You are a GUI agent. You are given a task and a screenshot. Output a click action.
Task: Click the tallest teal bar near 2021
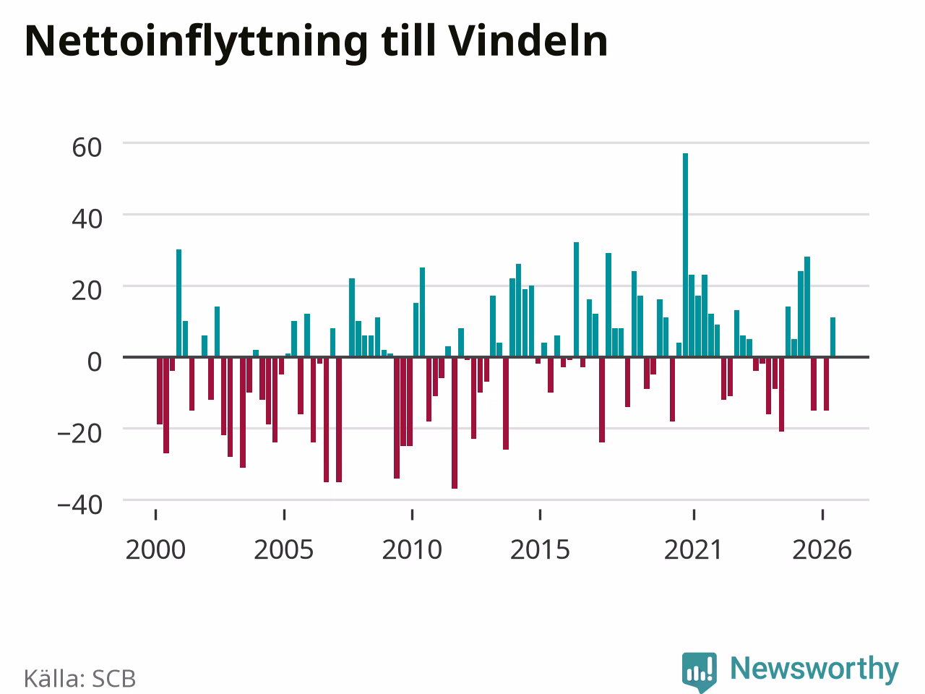coord(685,255)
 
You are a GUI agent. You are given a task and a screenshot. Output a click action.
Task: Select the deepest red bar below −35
coord(455,423)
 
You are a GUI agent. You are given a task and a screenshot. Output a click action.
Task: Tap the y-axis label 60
coord(87,147)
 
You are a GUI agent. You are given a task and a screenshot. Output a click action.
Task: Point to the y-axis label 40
coord(87,219)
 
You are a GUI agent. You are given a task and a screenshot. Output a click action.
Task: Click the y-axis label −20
coord(79,433)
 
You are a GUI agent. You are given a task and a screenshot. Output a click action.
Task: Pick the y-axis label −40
coord(79,505)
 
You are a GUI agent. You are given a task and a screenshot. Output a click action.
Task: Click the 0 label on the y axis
coord(95,362)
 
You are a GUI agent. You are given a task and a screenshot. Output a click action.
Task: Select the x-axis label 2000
coord(155,550)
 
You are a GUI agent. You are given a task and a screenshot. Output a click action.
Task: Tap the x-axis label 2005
coord(283,550)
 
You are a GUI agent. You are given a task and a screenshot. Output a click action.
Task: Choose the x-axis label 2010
coord(412,550)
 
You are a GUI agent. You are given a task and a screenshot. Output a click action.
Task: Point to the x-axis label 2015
coord(540,550)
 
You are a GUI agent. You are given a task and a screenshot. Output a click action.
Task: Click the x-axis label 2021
coord(694,550)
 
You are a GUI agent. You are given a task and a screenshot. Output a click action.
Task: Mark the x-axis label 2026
coord(822,550)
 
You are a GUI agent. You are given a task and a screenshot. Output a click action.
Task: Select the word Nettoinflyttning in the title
coord(196,44)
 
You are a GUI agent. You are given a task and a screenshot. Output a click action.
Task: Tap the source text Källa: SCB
coord(79,678)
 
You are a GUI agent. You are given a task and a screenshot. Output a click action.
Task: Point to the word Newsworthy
coord(814,669)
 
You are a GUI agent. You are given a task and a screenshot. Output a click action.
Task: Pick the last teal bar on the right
coord(832,337)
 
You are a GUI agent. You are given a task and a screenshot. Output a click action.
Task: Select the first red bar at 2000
coord(159,390)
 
